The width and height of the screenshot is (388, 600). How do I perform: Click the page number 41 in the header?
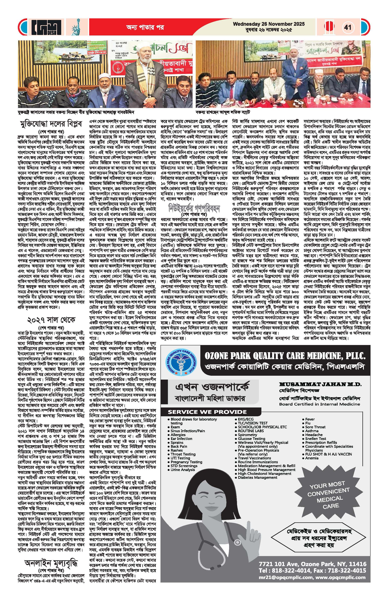pos(347,27)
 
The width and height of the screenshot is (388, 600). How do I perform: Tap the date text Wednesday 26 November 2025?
pos(269,24)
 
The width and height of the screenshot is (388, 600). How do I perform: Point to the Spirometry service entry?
pos(247,435)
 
